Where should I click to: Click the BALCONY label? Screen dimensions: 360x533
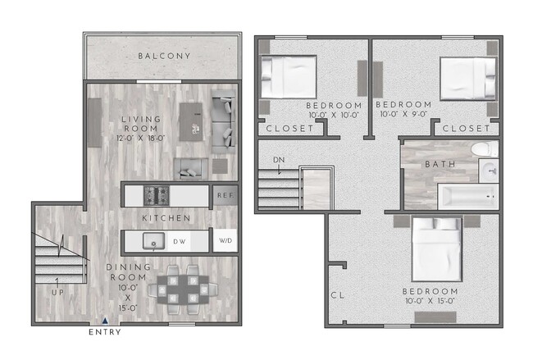(165, 56)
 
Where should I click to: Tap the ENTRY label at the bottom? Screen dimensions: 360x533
(104, 332)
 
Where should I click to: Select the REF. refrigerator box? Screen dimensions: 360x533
(225, 195)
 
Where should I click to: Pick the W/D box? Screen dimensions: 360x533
(225, 242)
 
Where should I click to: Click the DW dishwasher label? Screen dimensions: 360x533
(179, 242)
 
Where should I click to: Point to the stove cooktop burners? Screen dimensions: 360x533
(156, 195)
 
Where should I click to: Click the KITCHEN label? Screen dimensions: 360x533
(166, 219)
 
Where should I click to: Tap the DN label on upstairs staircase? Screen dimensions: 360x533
(280, 160)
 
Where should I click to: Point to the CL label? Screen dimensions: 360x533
(337, 295)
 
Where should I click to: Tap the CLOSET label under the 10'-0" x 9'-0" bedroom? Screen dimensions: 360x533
(467, 129)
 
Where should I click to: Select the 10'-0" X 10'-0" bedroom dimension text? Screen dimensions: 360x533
(334, 116)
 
